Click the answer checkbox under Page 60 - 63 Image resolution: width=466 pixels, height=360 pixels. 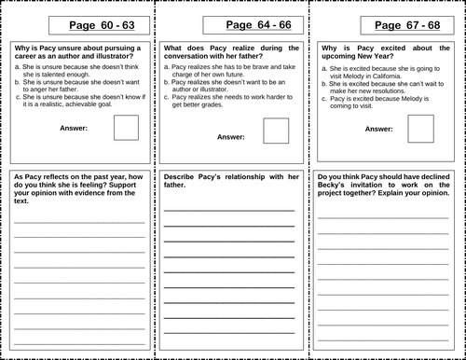[x=127, y=127]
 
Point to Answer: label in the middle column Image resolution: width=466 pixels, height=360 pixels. [x=230, y=136]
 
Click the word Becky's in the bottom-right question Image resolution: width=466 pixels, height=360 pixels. [x=334, y=186]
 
